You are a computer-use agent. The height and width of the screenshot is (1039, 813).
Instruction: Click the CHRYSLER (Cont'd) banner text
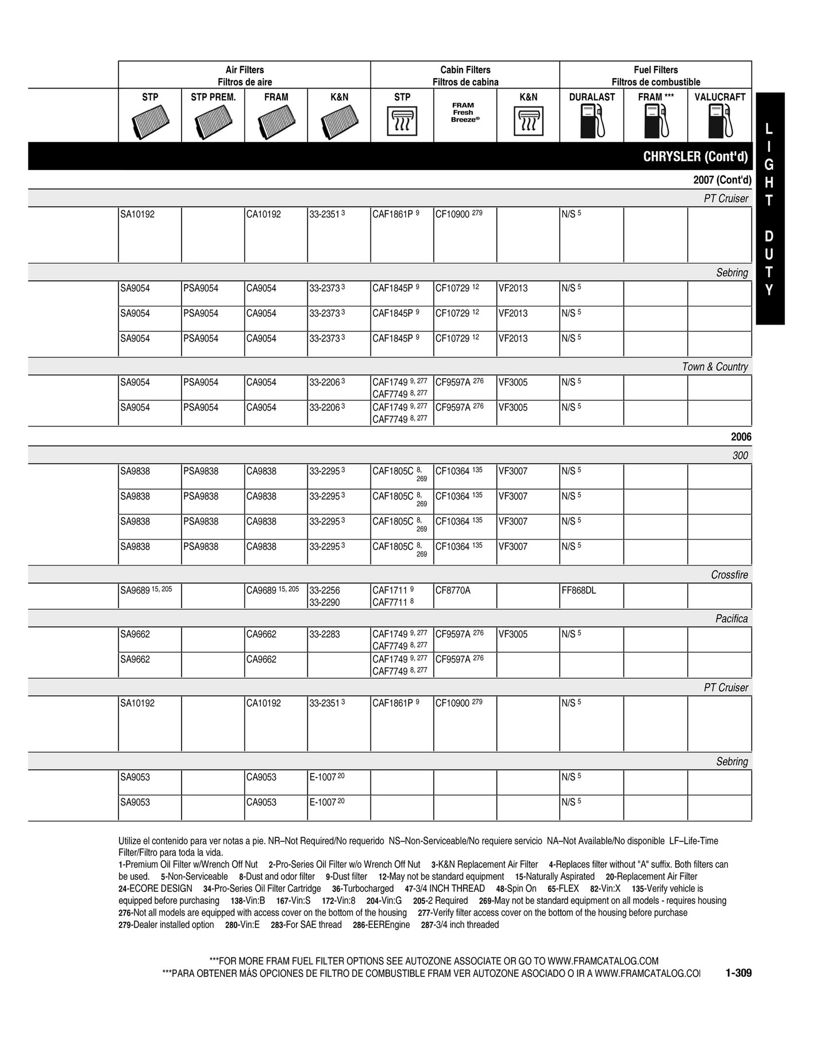(x=695, y=157)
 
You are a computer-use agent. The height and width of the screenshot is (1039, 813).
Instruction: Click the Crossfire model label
(x=729, y=575)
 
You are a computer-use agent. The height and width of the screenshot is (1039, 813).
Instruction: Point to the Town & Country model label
(x=715, y=367)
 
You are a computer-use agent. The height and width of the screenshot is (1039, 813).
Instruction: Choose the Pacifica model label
(x=731, y=618)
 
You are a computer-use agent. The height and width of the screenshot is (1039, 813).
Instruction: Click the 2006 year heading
(x=741, y=437)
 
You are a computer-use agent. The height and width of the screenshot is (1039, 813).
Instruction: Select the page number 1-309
(x=738, y=973)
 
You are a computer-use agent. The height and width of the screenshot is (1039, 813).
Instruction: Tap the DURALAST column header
(x=592, y=97)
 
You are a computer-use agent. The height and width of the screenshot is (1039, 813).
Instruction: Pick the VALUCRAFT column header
(x=719, y=97)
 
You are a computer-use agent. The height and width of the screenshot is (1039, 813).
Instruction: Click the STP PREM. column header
(x=213, y=97)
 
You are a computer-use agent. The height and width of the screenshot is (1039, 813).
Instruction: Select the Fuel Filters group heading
(x=656, y=70)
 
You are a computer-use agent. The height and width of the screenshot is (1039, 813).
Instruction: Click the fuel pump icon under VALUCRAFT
(x=720, y=122)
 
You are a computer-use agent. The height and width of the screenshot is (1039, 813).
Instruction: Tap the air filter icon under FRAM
(x=276, y=121)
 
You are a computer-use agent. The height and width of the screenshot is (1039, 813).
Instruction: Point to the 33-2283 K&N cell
(x=325, y=634)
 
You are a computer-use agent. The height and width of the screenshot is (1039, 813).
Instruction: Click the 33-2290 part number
(x=325, y=602)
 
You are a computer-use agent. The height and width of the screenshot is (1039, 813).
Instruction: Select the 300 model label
(x=740, y=455)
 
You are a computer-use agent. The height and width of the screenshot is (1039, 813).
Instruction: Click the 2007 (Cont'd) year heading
(x=722, y=180)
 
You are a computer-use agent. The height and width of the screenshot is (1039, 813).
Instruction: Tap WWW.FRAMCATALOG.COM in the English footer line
(x=603, y=961)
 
